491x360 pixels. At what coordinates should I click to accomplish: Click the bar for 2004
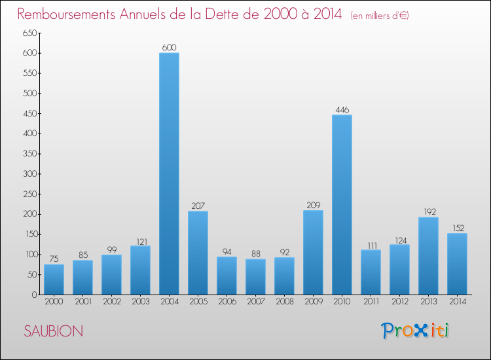pos(169,173)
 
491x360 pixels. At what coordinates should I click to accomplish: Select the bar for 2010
pos(342,204)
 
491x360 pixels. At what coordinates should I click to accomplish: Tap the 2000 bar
pos(54,279)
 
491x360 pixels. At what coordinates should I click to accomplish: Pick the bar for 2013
pos(428,255)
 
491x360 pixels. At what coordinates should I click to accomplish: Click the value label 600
pos(169,47)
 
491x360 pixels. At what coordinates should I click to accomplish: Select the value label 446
pos(342,109)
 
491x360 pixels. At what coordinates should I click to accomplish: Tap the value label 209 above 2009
pos(313,205)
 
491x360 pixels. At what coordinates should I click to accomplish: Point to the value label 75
pos(54,259)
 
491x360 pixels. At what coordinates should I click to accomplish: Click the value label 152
pos(457,228)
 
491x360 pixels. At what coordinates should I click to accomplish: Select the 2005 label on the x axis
pos(198,302)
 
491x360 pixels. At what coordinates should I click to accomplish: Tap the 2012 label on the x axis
pos(399,302)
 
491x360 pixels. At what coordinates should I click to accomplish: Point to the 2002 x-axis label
pos(111,302)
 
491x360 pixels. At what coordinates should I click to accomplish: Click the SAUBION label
pos(54,331)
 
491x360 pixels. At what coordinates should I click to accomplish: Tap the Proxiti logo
pos(416,331)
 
